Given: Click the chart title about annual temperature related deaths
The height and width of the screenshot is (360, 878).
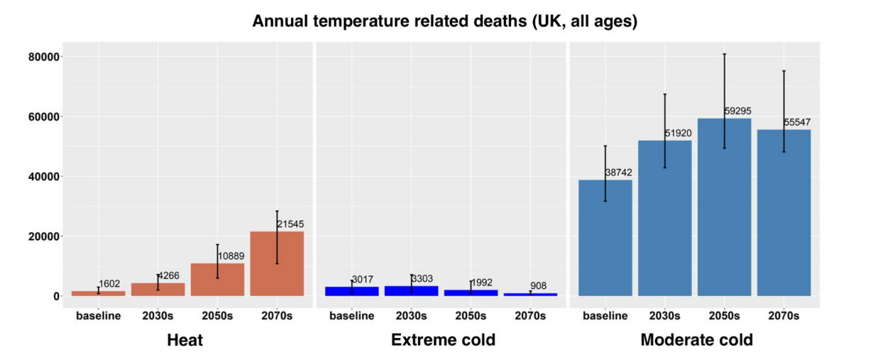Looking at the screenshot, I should [x=445, y=21].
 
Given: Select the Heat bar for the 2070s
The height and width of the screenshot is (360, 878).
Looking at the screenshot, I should [x=277, y=263].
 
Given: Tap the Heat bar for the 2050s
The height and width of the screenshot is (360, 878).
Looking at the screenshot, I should [x=217, y=280].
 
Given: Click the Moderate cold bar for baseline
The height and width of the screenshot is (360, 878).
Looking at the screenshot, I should [x=605, y=238].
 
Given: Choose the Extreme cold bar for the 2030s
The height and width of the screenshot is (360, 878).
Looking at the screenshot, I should [x=411, y=291].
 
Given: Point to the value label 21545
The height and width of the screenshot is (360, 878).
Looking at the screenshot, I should [x=290, y=224].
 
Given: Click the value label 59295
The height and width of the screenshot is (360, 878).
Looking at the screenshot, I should [x=737, y=111].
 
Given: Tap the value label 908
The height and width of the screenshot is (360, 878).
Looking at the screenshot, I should [x=538, y=286].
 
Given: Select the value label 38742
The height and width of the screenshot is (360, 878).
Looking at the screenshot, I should [x=618, y=173].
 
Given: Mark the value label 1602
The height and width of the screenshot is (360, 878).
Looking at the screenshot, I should [x=109, y=284].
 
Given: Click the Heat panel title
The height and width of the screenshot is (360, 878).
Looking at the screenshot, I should [x=185, y=340].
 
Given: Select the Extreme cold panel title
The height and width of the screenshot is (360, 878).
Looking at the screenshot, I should [x=443, y=340].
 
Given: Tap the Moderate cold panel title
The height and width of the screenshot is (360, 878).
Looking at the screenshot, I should [x=696, y=340].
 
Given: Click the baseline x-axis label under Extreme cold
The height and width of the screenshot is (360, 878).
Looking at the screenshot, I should [x=351, y=315].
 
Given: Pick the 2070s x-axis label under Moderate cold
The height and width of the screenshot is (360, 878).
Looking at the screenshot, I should [x=784, y=315].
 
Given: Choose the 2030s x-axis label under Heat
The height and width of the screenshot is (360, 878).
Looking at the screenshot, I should [x=158, y=315].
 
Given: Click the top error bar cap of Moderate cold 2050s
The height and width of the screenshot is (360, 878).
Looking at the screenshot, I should [x=724, y=54].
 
